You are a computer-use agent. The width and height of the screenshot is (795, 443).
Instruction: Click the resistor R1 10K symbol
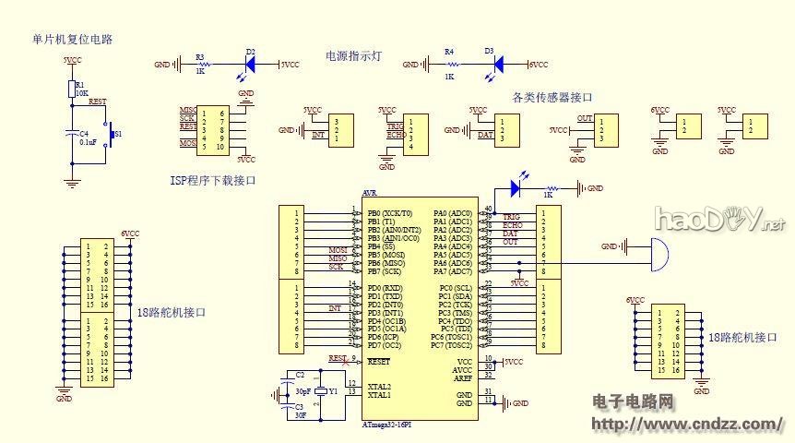[x=71, y=89]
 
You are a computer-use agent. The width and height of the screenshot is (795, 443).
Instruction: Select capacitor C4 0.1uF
[x=71, y=136]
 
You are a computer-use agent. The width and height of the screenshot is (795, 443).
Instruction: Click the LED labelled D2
[x=249, y=65]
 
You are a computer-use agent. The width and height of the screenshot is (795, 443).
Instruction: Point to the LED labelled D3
[x=498, y=65]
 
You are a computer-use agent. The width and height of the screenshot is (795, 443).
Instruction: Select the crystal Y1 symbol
[x=320, y=390]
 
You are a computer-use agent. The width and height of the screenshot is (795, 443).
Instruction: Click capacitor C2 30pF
[x=285, y=377]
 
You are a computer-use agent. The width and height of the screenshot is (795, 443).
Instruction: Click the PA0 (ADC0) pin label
[x=454, y=213]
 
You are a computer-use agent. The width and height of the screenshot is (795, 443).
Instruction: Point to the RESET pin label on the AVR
[x=379, y=362]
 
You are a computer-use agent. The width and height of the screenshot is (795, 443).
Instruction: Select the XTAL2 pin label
[x=379, y=386]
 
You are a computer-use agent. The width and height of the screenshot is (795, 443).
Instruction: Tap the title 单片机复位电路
[x=78, y=39]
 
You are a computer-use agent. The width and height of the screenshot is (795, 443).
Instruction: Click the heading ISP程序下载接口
[x=213, y=181]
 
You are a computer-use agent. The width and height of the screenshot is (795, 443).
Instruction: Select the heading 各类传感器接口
[x=552, y=96]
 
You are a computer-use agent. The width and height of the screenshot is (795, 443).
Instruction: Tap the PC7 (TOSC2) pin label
[x=451, y=345]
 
